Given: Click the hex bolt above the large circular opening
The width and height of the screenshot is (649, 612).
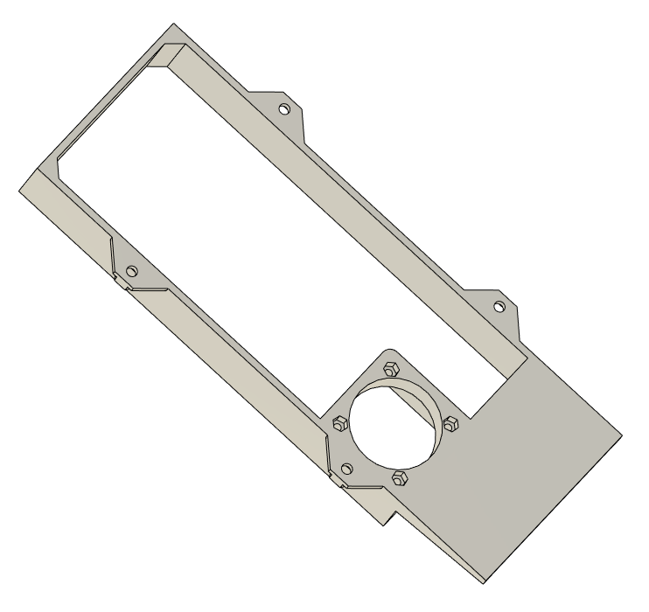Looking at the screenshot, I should pos(391,367).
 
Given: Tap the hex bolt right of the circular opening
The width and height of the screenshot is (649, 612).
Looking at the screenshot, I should pos(450,423).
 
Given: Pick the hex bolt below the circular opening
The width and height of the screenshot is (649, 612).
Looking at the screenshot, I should pos(401,477).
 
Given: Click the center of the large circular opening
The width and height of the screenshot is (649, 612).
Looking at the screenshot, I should pos(393,423).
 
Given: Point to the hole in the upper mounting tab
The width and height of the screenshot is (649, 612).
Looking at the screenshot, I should pos(283,109).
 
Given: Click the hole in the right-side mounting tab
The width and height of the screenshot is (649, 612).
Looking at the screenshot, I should pos(499,307).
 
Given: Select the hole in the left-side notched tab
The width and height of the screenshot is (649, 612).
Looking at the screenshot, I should pos(132,269).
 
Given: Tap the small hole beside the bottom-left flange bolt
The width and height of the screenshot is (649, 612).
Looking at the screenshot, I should pos(347,469).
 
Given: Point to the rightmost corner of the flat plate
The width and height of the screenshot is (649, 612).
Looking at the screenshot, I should pos(622,433).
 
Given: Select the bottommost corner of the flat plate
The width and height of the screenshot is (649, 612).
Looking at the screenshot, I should pos(480,581).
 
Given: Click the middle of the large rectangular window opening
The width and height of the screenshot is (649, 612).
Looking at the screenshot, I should pos(289,236).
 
